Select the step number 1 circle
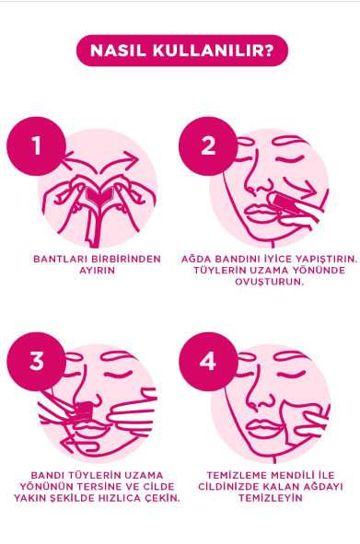click(36, 145)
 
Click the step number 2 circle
click(208, 145)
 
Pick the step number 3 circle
click(36, 362)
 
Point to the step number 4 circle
click(208, 362)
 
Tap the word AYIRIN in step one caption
click(98, 271)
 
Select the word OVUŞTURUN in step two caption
click(270, 282)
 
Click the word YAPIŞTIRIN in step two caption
click(327, 260)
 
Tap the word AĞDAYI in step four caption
click(323, 486)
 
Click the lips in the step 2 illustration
click(260, 213)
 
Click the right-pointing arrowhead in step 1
click(132, 159)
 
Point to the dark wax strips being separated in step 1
click(99, 197)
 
